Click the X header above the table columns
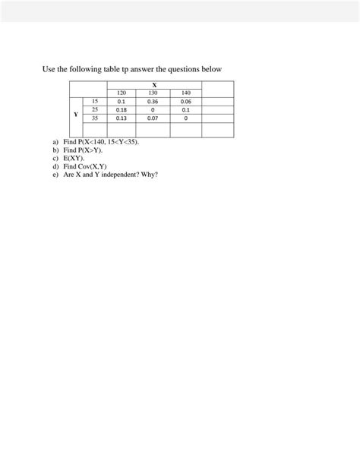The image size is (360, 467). point(154,84)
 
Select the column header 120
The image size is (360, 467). point(121,93)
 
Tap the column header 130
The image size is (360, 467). point(153,93)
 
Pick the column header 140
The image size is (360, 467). point(185,93)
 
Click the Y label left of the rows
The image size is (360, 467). point(75,115)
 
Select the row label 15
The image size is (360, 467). point(95,101)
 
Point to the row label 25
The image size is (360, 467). point(95,109)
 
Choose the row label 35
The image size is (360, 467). point(95,118)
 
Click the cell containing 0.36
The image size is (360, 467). point(153,101)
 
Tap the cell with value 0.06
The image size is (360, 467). point(185,101)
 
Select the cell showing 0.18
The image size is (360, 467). point(121,110)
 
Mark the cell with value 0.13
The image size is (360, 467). point(121,118)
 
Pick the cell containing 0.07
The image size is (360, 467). point(153,118)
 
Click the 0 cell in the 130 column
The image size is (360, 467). point(153,110)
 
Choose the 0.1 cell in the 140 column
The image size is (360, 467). point(185,110)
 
